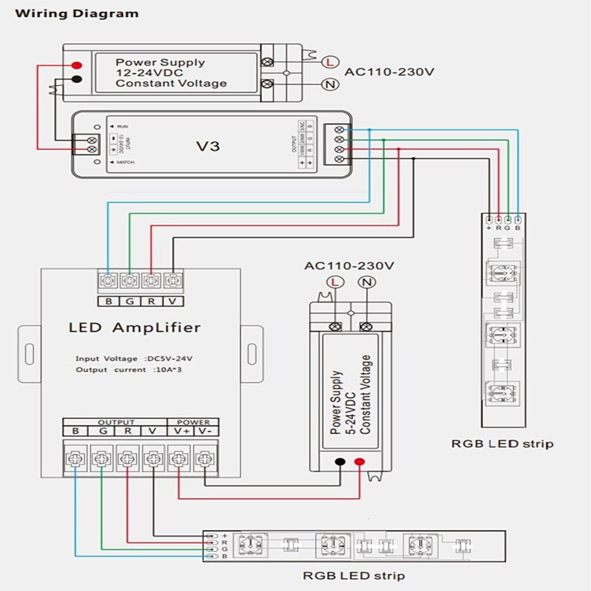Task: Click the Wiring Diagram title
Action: [77, 13]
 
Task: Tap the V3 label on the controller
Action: [207, 145]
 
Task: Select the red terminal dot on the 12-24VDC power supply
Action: [76, 66]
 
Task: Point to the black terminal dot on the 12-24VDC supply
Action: [76, 80]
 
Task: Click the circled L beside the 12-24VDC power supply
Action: [328, 61]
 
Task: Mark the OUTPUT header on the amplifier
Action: [116, 422]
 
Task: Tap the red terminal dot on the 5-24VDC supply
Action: [359, 462]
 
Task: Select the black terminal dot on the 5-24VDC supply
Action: [340, 462]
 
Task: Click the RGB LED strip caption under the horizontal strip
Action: [353, 575]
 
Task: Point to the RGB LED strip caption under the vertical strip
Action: [502, 443]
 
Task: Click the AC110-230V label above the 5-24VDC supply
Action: [349, 265]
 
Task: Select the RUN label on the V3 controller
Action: [121, 126]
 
